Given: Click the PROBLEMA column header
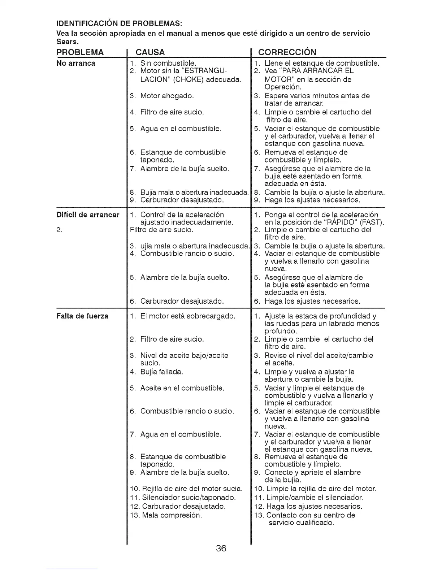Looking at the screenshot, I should tap(80, 52).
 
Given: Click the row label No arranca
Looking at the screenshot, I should tap(76, 64).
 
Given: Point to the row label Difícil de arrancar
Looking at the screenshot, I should tap(88, 215).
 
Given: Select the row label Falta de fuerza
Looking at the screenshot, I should tap(82, 316).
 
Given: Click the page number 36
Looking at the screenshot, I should tap(221, 548).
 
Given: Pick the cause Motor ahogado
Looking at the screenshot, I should tap(167, 96).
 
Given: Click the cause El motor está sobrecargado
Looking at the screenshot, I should tap(188, 316).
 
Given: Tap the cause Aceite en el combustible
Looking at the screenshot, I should tap(182, 388).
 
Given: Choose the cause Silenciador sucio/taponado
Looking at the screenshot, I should tap(188, 498).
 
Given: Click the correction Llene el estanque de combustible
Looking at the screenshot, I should tap(321, 64).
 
